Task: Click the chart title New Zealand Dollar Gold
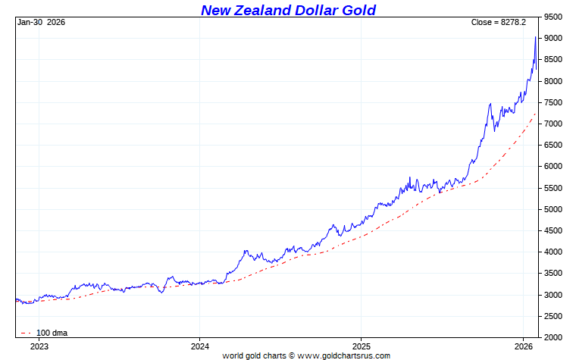click(x=288, y=10)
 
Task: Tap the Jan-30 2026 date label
click(x=41, y=22)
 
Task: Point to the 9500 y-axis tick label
click(x=554, y=17)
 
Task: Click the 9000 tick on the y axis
click(x=554, y=38)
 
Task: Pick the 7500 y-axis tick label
click(x=554, y=102)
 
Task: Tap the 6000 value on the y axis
click(x=554, y=166)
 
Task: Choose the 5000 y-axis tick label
click(x=554, y=209)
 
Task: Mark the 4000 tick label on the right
click(x=554, y=252)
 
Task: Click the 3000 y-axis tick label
click(x=554, y=295)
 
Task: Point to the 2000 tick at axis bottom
click(x=554, y=337)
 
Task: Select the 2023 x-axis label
click(x=39, y=346)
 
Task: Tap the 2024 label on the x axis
click(x=200, y=346)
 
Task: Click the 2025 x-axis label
click(x=362, y=346)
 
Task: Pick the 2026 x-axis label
click(x=523, y=346)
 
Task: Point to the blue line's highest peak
click(x=536, y=36)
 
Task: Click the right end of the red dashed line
click(x=536, y=113)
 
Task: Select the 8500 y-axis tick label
click(x=554, y=59)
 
